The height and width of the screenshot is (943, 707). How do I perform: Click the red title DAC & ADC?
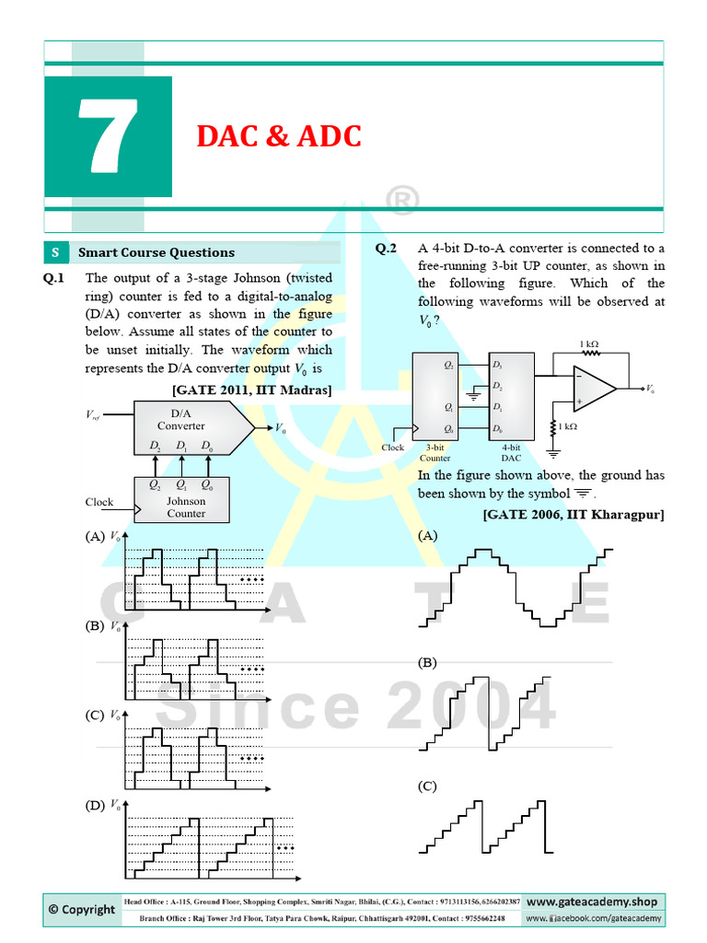point(278,136)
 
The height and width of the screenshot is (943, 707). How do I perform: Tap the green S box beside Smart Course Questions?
point(55,252)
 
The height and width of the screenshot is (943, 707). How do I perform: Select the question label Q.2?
point(386,248)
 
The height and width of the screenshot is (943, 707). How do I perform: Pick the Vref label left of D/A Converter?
point(96,416)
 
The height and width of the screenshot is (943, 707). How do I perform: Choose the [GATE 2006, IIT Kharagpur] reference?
point(573,514)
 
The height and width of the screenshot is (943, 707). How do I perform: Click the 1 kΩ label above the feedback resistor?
point(589,344)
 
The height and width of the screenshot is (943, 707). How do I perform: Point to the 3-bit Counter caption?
point(435,452)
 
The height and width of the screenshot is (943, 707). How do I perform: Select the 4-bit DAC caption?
point(510,452)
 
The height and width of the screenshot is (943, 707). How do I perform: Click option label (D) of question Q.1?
point(94,805)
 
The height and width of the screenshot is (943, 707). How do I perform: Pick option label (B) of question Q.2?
point(427,662)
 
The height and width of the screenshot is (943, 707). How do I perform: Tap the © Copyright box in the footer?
point(82,909)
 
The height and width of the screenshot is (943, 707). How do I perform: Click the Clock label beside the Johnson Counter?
point(99,502)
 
